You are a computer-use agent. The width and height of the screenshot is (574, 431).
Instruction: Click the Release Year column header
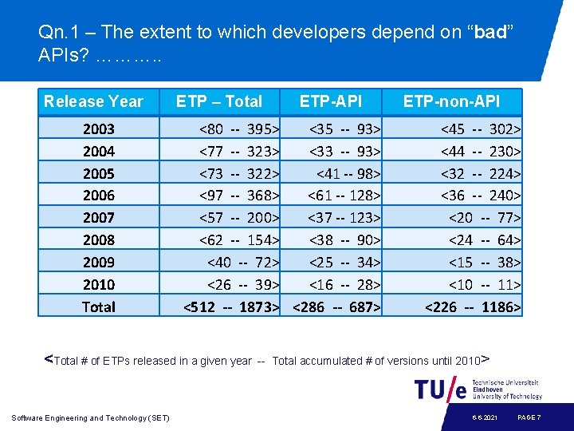pyautogui.click(x=93, y=101)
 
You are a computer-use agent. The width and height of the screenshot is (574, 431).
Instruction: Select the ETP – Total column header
pyautogui.click(x=218, y=101)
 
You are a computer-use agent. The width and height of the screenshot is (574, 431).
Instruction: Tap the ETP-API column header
pyautogui.click(x=330, y=101)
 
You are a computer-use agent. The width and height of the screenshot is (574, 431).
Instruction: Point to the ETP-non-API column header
pyautogui.click(x=451, y=101)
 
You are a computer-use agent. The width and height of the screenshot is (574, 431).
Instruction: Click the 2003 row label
pyautogui.click(x=99, y=129)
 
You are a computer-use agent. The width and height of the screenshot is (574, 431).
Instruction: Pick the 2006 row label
pyautogui.click(x=99, y=196)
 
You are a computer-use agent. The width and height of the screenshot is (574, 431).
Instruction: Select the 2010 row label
pyautogui.click(x=99, y=284)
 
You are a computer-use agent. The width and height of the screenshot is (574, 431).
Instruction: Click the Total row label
pyautogui.click(x=99, y=306)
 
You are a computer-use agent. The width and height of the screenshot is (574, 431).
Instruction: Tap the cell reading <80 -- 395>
pyautogui.click(x=239, y=129)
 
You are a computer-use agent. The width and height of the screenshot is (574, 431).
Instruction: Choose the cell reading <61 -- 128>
pyautogui.click(x=344, y=196)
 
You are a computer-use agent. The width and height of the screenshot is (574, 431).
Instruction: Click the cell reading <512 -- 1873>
pyautogui.click(x=231, y=306)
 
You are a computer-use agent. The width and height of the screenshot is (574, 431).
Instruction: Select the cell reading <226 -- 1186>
pyautogui.click(x=473, y=306)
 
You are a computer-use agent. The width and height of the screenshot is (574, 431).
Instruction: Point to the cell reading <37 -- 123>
pyautogui.click(x=344, y=217)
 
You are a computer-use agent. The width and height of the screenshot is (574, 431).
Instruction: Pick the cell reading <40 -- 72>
pyautogui.click(x=243, y=262)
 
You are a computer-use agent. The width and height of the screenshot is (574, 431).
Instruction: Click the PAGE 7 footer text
pyautogui.click(x=529, y=417)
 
